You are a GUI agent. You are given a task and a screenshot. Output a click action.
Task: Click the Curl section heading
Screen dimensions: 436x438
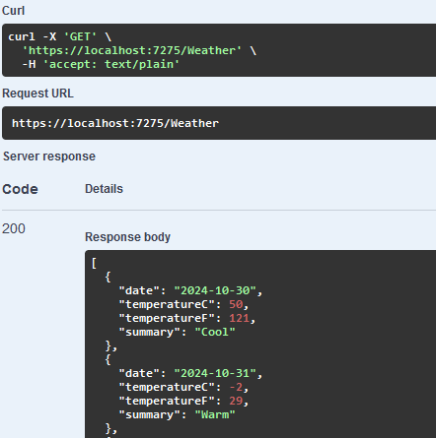point(13,11)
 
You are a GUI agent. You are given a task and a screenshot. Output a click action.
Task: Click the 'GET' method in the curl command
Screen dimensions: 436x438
point(80,36)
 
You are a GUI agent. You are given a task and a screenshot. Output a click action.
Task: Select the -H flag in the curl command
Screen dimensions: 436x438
point(29,64)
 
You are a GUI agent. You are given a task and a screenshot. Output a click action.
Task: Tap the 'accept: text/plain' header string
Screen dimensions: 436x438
point(111,64)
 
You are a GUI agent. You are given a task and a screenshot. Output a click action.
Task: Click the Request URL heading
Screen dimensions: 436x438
point(37,94)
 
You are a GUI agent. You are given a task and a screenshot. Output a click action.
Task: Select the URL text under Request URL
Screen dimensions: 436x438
point(115,123)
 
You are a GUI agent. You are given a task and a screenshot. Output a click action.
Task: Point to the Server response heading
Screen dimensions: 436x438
point(49,156)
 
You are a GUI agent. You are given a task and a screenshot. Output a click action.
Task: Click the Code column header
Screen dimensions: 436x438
point(20,189)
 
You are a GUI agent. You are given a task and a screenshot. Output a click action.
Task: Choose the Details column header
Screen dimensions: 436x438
point(104,189)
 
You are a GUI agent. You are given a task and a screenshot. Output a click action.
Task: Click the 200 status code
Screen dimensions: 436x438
point(14,228)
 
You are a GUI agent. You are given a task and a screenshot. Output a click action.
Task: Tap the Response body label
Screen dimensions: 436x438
point(127,237)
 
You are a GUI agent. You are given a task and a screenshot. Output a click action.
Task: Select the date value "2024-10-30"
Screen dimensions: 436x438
point(215,290)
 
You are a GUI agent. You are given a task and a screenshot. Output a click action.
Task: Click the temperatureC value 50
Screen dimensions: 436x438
point(236,304)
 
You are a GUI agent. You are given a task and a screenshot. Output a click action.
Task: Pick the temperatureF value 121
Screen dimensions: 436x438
point(239,318)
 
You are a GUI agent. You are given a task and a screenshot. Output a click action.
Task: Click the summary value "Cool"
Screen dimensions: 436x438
point(215,332)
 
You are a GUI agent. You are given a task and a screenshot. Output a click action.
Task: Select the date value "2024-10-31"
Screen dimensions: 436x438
point(215,373)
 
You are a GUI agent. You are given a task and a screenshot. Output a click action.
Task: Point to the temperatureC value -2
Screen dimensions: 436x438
point(236,387)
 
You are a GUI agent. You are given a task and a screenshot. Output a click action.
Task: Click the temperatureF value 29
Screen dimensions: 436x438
point(236,401)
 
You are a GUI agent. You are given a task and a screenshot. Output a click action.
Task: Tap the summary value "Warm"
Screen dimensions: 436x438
point(215,414)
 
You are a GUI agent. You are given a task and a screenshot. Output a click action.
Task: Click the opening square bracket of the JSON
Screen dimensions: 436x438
point(94,263)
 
